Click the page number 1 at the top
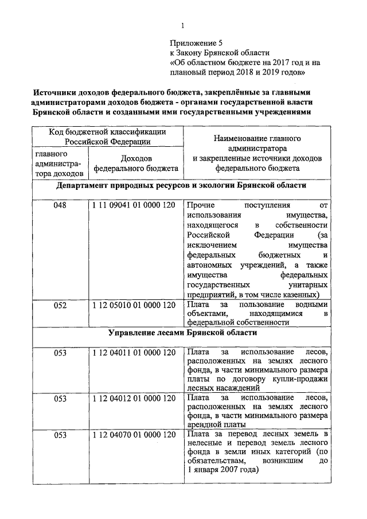[182, 24]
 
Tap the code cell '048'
[60, 205]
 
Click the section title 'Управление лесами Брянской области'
[182, 333]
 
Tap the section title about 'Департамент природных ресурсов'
[182, 186]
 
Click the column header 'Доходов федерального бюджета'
[136, 163]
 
